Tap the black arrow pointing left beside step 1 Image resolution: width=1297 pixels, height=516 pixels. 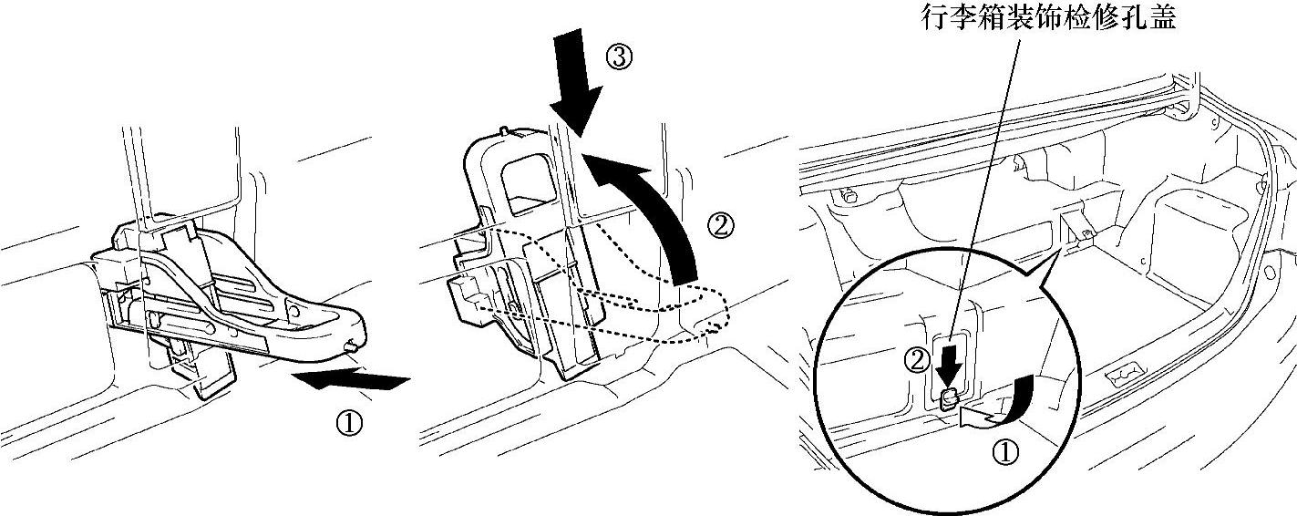point(351,380)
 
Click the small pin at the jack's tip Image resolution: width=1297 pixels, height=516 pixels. point(351,347)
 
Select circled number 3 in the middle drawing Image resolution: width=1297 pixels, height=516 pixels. point(618,57)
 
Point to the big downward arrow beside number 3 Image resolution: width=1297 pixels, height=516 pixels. point(576,84)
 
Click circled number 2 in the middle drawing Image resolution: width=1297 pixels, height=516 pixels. point(720,227)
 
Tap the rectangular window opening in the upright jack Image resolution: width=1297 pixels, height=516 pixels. point(529,185)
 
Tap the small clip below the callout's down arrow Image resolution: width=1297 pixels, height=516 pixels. point(948,399)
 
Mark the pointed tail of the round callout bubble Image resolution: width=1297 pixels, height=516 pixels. point(1060,249)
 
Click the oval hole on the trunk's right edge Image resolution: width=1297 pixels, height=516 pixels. point(1270,273)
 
